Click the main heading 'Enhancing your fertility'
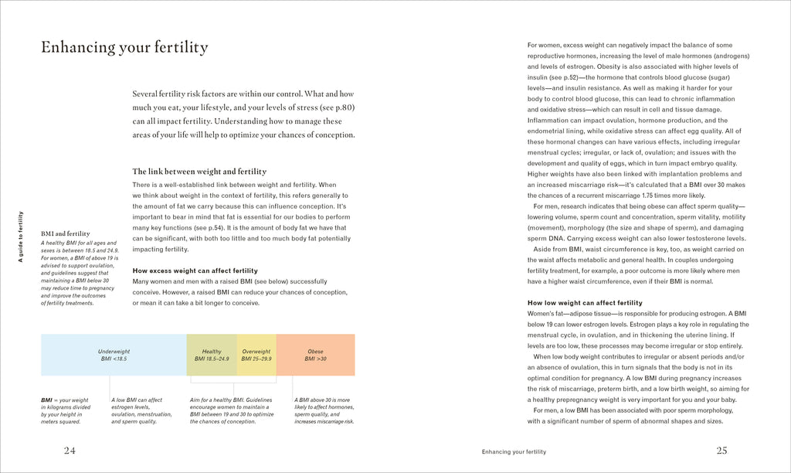tap(124, 48)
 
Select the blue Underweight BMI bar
tap(113, 355)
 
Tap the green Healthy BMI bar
tap(212, 355)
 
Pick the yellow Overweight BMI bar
tap(256, 355)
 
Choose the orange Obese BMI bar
tap(315, 355)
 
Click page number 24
tap(70, 451)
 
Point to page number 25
tap(721, 451)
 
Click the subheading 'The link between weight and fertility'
tap(199, 172)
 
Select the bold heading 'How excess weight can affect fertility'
tap(195, 271)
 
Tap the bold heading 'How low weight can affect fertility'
tap(585, 303)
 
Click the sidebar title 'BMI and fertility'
tap(66, 233)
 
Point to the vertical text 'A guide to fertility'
tap(22, 236)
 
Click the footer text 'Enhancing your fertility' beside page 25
tap(514, 451)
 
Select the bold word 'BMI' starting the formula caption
tap(47, 400)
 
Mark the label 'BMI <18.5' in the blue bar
tap(113, 359)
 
